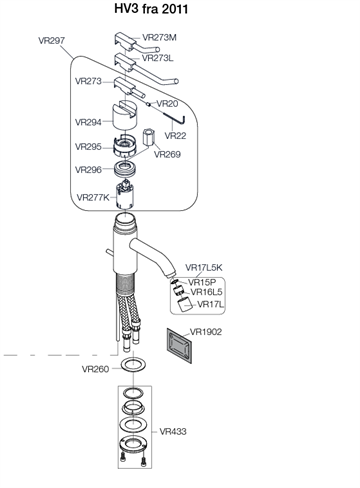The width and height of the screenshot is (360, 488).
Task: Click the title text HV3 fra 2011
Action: point(151,9)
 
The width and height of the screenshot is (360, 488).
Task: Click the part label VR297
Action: point(52,41)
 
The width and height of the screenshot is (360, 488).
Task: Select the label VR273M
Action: point(159,37)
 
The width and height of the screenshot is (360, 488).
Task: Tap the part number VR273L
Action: point(158,58)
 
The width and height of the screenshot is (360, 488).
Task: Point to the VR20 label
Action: point(167,104)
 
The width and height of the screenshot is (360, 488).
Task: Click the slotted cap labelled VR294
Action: point(125,115)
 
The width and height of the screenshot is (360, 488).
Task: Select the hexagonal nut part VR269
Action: point(148,137)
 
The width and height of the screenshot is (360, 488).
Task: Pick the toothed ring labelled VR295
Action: point(125,147)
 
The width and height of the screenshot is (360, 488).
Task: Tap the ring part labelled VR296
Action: point(125,169)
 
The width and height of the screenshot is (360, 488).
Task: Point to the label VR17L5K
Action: point(204,268)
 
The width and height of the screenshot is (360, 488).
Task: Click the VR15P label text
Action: point(202,282)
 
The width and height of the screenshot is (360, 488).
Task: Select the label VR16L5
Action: point(206,292)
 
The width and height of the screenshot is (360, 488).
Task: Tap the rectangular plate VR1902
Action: point(179,345)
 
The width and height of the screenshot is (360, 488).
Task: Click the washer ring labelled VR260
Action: point(133,364)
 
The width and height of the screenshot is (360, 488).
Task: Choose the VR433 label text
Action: point(173,432)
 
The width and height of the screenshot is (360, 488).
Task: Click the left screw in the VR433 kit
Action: point(123,458)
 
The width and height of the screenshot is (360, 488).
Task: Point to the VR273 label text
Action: point(88,81)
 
